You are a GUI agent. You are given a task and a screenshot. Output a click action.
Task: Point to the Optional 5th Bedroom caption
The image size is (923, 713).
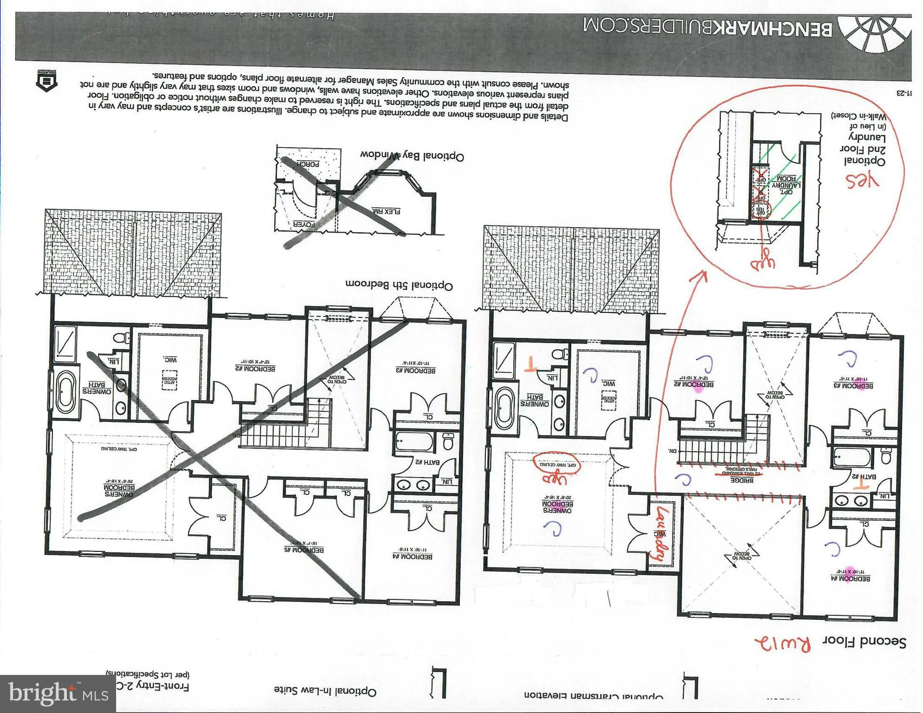399,284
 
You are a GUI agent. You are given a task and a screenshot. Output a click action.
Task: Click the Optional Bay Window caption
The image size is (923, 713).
412,156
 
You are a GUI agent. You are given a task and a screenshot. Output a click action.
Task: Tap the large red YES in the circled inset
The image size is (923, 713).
862,181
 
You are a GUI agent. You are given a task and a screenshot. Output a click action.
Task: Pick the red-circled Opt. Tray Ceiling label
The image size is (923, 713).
557,463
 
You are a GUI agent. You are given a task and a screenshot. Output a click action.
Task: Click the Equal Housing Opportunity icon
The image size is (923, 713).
46,80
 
